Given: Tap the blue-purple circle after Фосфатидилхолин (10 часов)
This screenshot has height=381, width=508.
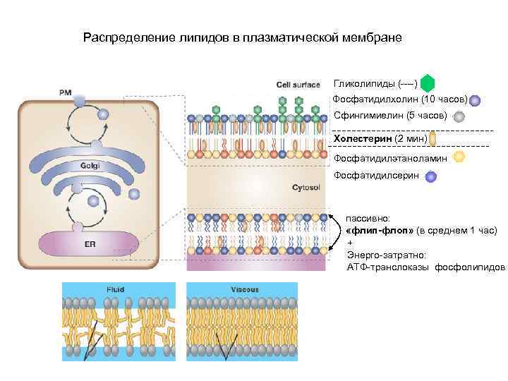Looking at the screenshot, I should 475,100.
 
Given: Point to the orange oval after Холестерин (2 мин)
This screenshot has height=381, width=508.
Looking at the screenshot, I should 433,138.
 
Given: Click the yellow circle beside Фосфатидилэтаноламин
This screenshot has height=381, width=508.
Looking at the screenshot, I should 459,157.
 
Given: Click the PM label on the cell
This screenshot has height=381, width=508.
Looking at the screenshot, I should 65,92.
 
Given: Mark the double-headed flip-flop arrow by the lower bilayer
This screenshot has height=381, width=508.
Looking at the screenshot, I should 336,233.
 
